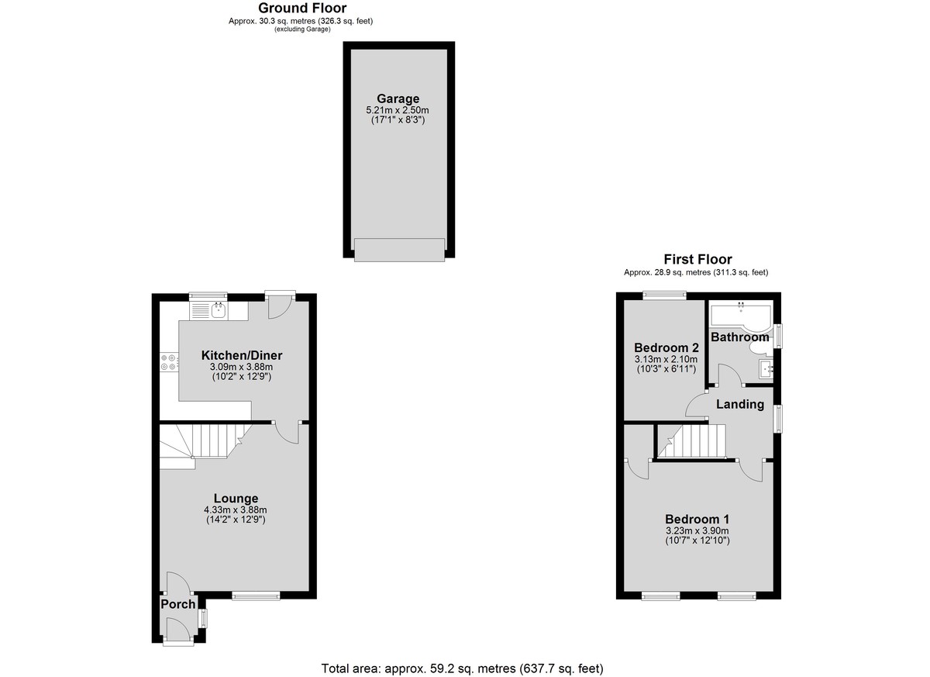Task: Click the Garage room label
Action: pyautogui.click(x=398, y=98)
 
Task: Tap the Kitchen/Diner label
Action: pyautogui.click(x=242, y=355)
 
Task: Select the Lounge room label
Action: pyautogui.click(x=236, y=498)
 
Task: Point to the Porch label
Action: pyautogui.click(x=177, y=604)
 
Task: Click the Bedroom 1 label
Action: pyautogui.click(x=697, y=519)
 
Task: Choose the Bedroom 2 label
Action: pyautogui.click(x=666, y=347)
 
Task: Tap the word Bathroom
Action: pyautogui.click(x=740, y=337)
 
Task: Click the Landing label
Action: pyautogui.click(x=740, y=404)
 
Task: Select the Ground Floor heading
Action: pyautogui.click(x=302, y=8)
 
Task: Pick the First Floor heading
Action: pyautogui.click(x=697, y=259)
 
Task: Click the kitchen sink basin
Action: pyautogui.click(x=219, y=310)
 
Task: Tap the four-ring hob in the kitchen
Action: pyautogui.click(x=170, y=361)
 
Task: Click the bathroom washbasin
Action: pyautogui.click(x=766, y=369)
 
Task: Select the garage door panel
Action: pyautogui.click(x=399, y=250)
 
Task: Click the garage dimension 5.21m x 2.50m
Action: pyautogui.click(x=398, y=110)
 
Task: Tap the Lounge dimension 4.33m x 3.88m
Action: pyautogui.click(x=236, y=509)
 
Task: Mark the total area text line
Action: pyautogui.click(x=462, y=668)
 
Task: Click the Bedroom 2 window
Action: pyautogui.click(x=664, y=295)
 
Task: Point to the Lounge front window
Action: pyautogui.click(x=256, y=596)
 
